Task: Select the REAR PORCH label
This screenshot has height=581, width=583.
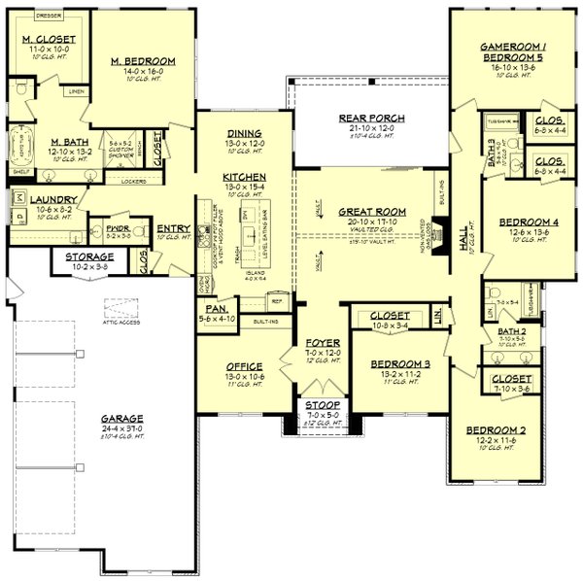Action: click(x=372, y=119)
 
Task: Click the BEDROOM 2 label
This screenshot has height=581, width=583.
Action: click(x=496, y=429)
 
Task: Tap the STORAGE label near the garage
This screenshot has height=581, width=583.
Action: click(x=90, y=256)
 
